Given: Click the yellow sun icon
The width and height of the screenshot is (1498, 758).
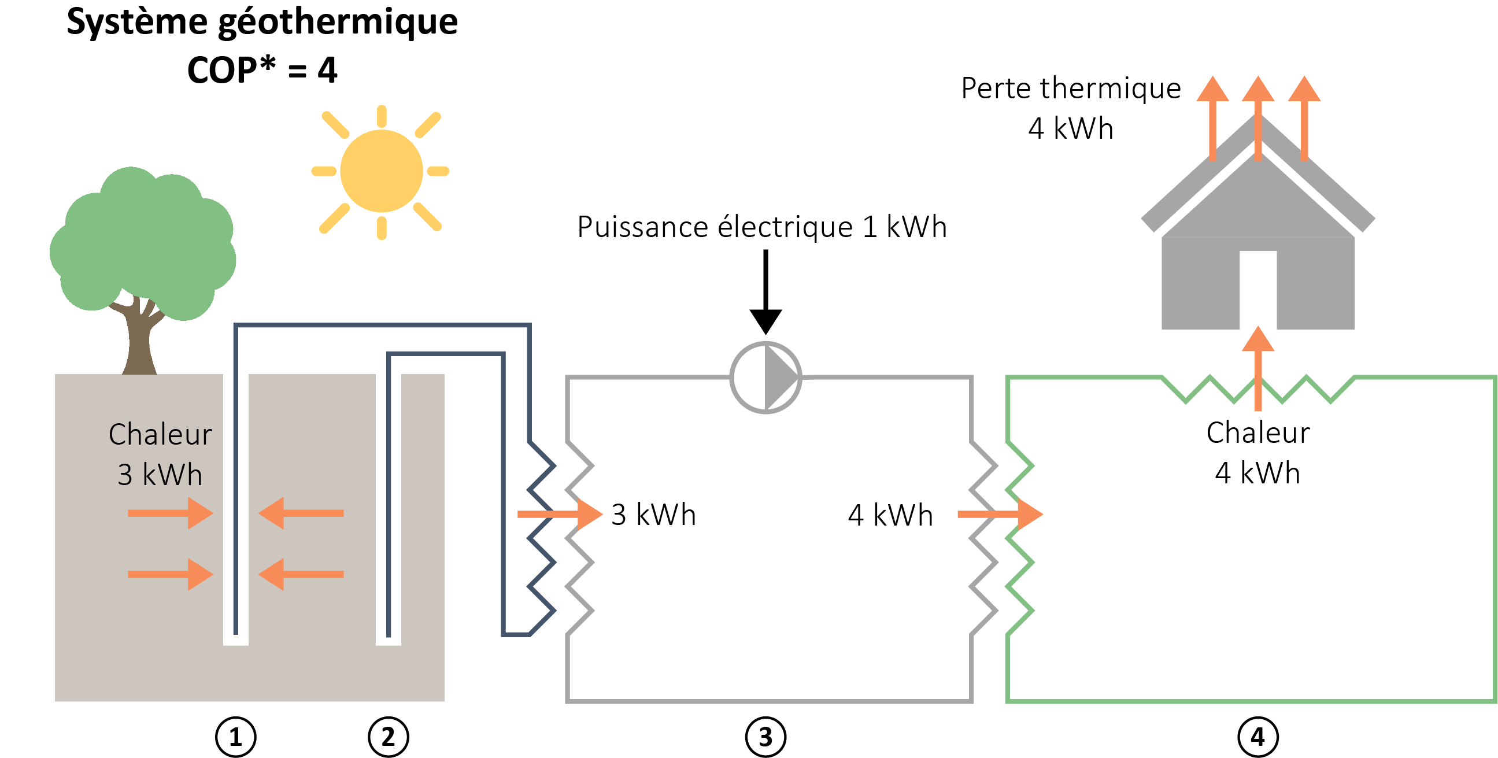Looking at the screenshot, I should tap(382, 171).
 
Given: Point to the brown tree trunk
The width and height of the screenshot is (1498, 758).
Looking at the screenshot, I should tap(139, 343).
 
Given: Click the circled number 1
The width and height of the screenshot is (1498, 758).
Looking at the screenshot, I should tap(235, 738).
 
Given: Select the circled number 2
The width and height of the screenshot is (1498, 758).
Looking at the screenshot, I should tap(389, 738).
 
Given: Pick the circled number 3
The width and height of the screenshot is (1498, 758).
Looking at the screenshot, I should tap(765, 738).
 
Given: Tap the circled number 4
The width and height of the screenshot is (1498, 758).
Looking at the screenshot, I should tap(1258, 738).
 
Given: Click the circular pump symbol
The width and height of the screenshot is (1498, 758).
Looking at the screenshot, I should tap(765, 378).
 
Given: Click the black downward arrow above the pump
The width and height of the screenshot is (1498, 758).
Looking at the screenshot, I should tap(765, 291).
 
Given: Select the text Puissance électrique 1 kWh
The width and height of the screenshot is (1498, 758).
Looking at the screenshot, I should tap(762, 227).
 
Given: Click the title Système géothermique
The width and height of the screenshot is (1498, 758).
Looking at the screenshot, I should tap(262, 22).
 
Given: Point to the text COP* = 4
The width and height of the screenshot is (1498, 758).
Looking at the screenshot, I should tap(262, 70).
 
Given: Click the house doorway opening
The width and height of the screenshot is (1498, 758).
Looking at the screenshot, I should tap(1258, 290).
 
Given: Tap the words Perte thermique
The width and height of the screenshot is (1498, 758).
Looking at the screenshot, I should tap(1071, 88).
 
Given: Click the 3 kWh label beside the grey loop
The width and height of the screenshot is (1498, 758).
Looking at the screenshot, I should tap(654, 515).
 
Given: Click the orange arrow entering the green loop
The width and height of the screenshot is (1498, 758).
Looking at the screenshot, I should tap(1000, 513).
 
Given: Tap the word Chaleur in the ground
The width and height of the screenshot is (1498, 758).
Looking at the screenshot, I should tap(160, 435).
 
